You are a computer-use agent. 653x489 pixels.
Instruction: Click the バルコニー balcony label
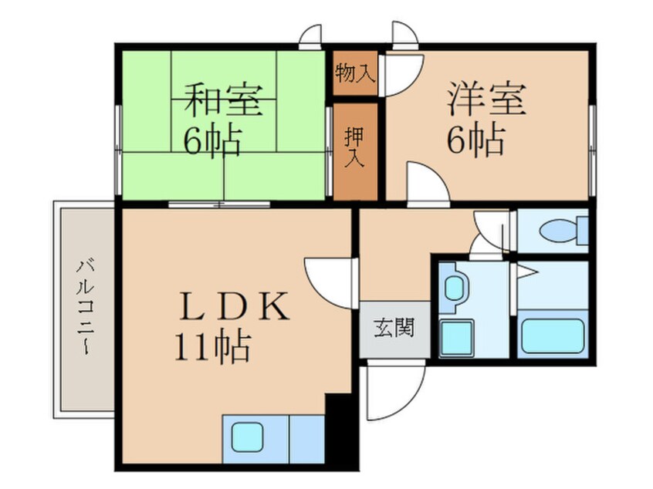83,309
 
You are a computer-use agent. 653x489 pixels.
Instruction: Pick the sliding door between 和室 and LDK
219,204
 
